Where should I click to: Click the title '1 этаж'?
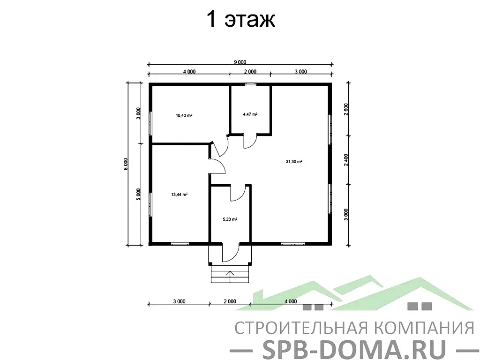click(x=240, y=20)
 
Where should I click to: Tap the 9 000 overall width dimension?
click(x=240, y=62)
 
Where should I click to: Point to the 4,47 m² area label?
click(x=250, y=114)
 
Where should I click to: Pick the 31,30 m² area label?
click(x=293, y=162)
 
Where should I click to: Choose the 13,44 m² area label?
click(x=179, y=194)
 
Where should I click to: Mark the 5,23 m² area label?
click(x=230, y=219)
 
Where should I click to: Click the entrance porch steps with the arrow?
click(x=230, y=274)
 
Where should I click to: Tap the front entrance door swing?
click(x=230, y=253)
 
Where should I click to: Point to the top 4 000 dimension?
click(x=188, y=72)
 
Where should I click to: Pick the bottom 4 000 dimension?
click(x=290, y=301)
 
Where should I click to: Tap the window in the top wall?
click(x=250, y=84)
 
